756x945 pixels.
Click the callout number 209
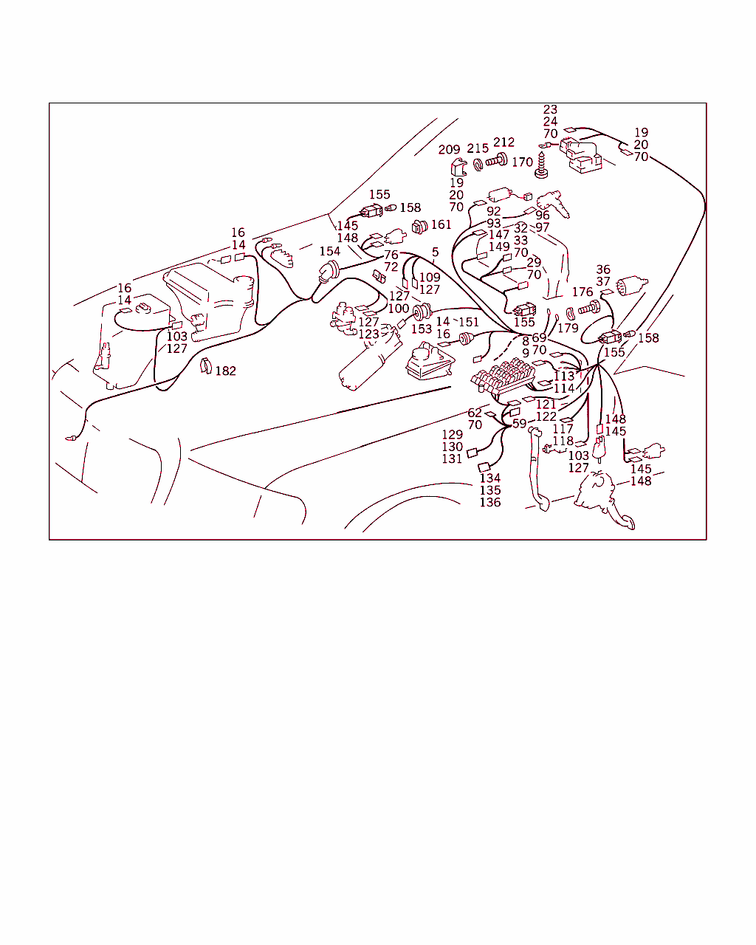point(449,150)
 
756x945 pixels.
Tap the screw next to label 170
point(541,165)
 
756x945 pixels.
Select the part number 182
point(225,371)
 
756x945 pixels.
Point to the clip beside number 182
point(205,365)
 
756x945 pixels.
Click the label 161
point(441,225)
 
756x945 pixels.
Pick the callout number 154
point(330,251)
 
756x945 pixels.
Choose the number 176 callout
point(583,292)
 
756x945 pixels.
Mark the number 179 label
point(568,328)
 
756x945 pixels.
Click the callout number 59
point(519,424)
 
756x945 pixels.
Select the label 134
point(490,478)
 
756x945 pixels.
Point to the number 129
point(453,434)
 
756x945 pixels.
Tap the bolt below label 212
point(497,160)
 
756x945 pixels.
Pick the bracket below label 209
point(458,168)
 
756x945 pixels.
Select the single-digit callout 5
point(435,252)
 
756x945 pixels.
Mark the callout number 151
point(469,322)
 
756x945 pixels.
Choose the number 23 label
point(550,109)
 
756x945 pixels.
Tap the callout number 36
point(603,269)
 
